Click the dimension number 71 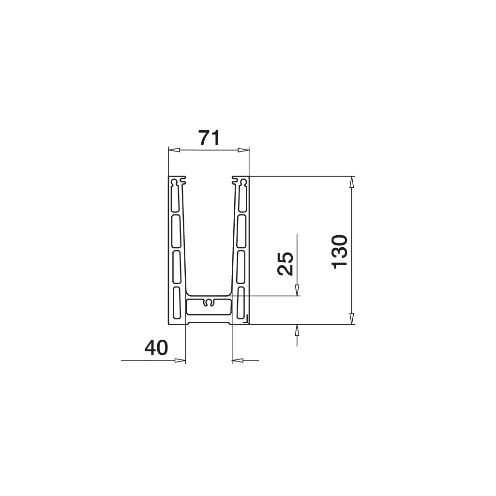coord(209,138)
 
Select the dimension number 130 coord(340,252)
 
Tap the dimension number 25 coord(286,264)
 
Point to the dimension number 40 coord(156,347)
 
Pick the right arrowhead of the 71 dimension coord(243,150)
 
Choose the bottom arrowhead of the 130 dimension coord(351,318)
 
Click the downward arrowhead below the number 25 coord(297,290)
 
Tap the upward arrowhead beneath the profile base coord(297,330)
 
